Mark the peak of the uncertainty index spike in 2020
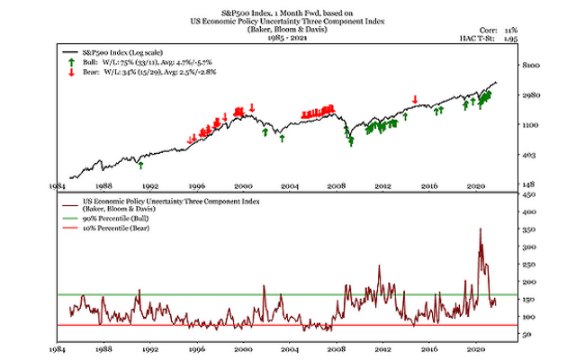click(x=480, y=229)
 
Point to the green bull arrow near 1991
click(x=140, y=165)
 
